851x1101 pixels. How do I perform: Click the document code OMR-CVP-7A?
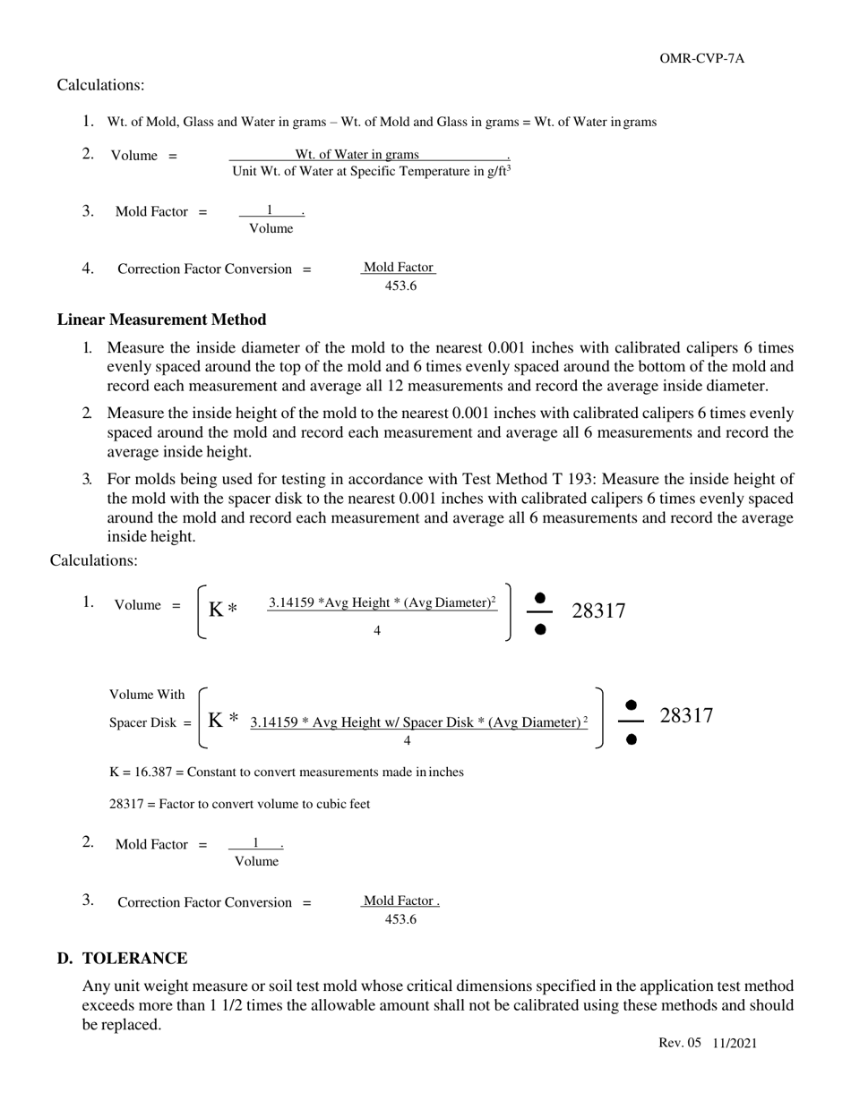(701, 59)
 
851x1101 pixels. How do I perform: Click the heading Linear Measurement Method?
(161, 320)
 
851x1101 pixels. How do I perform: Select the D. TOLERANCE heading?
(123, 959)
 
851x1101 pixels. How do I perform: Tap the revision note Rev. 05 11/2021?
(707, 1043)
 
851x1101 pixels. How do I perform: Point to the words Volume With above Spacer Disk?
(147, 695)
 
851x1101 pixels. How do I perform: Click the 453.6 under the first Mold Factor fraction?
(400, 286)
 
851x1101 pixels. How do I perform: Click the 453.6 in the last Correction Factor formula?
(400, 919)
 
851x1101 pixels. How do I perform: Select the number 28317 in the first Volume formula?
(598, 611)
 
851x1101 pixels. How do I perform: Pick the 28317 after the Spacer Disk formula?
(686, 715)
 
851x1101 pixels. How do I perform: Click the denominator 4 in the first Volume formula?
(377, 630)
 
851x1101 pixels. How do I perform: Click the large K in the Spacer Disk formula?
(215, 719)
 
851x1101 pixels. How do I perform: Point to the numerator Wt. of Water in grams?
(357, 154)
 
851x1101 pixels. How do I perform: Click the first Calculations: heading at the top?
(100, 85)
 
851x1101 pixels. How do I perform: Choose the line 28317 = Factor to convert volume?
(239, 804)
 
